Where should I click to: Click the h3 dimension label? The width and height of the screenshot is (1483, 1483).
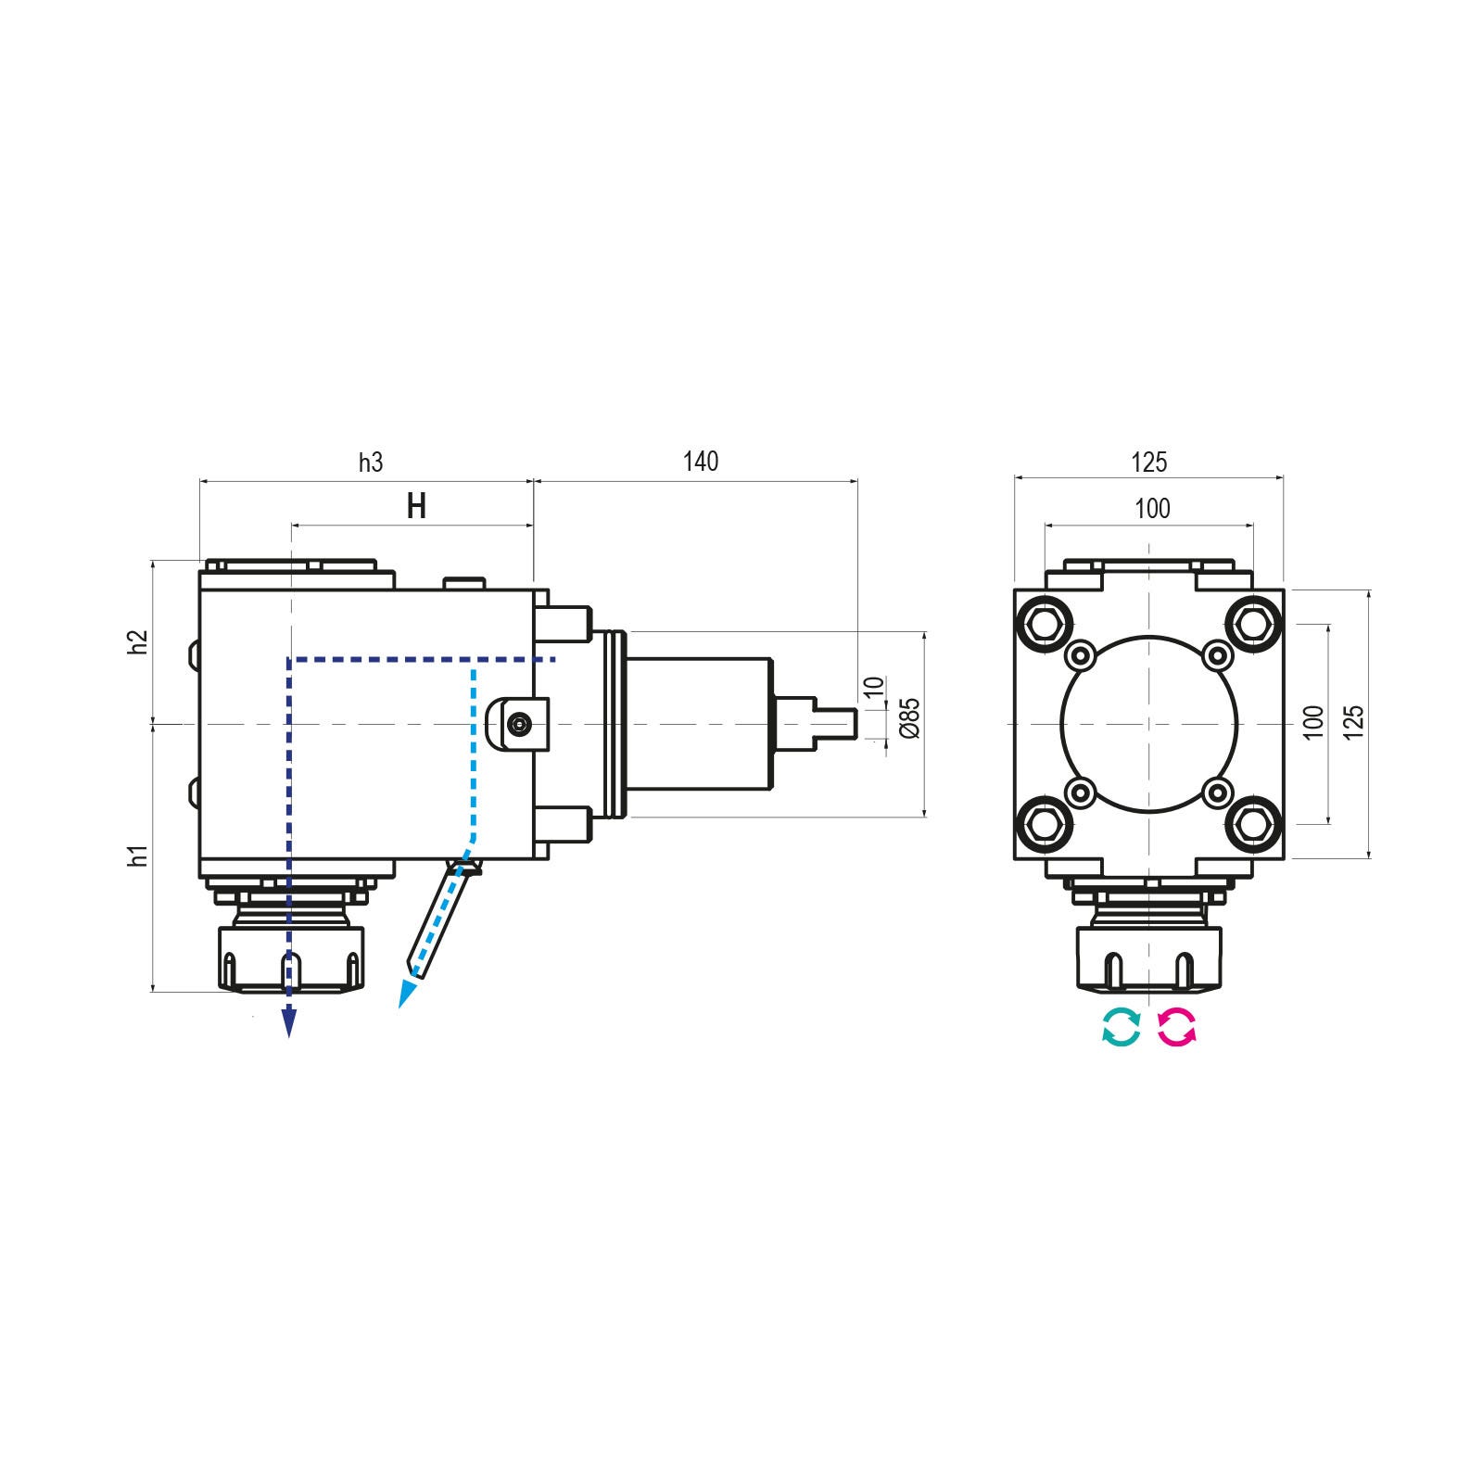(371, 463)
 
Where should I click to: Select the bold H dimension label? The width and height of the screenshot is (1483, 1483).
(417, 507)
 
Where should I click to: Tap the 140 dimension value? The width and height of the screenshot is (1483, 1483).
(701, 462)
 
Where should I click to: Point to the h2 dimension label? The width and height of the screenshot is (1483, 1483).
(139, 642)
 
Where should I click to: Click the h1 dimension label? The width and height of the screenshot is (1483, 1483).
(139, 857)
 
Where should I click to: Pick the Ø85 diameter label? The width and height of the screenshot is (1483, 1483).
(909, 718)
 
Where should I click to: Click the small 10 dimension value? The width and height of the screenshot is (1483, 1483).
(874, 688)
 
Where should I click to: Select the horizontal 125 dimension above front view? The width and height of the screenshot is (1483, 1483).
(1149, 462)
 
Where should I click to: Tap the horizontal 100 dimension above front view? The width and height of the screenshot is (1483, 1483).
(1152, 509)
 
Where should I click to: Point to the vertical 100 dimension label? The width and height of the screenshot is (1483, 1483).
(1312, 722)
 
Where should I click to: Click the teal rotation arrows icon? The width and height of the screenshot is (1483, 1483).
(1121, 1027)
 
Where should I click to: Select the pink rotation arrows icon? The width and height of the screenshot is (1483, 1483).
(1177, 1027)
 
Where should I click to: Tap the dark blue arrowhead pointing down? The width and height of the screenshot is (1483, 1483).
(289, 1022)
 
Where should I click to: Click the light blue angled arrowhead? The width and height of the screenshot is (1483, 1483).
(406, 995)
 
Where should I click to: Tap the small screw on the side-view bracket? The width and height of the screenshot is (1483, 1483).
(522, 723)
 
